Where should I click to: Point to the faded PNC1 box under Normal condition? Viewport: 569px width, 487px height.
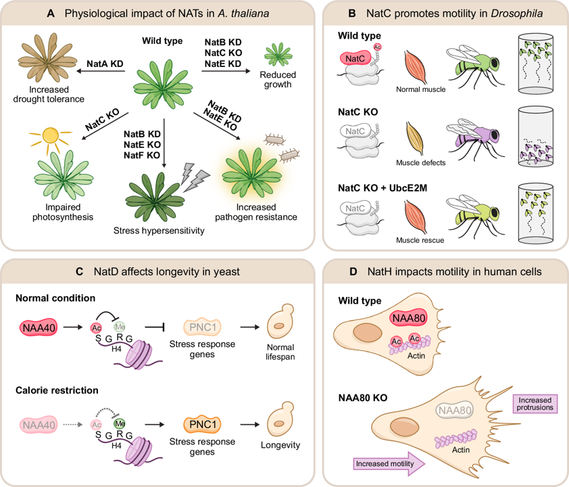[203, 327]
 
